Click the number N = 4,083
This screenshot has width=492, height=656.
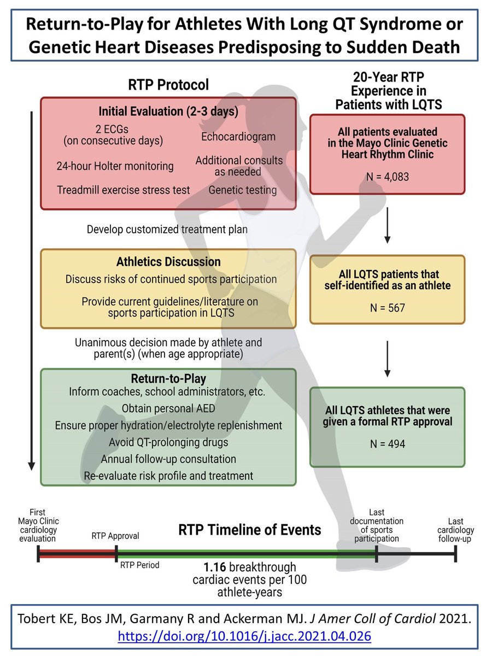[387, 177]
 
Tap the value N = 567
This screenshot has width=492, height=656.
[387, 308]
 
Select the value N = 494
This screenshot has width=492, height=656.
[387, 444]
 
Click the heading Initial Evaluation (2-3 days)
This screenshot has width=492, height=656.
[168, 111]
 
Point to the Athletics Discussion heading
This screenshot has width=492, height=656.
[168, 261]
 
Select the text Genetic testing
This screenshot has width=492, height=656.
[242, 190]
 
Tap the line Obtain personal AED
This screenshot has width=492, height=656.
[168, 408]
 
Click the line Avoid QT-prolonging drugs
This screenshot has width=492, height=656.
[168, 442]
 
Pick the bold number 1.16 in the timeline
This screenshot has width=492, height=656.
[213, 567]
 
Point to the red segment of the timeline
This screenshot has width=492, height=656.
[77, 555]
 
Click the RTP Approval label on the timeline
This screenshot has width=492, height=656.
[115, 536]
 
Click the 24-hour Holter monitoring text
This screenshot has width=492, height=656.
[115, 166]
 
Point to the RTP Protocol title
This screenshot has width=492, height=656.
[168, 85]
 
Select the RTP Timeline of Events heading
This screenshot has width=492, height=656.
[249, 530]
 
